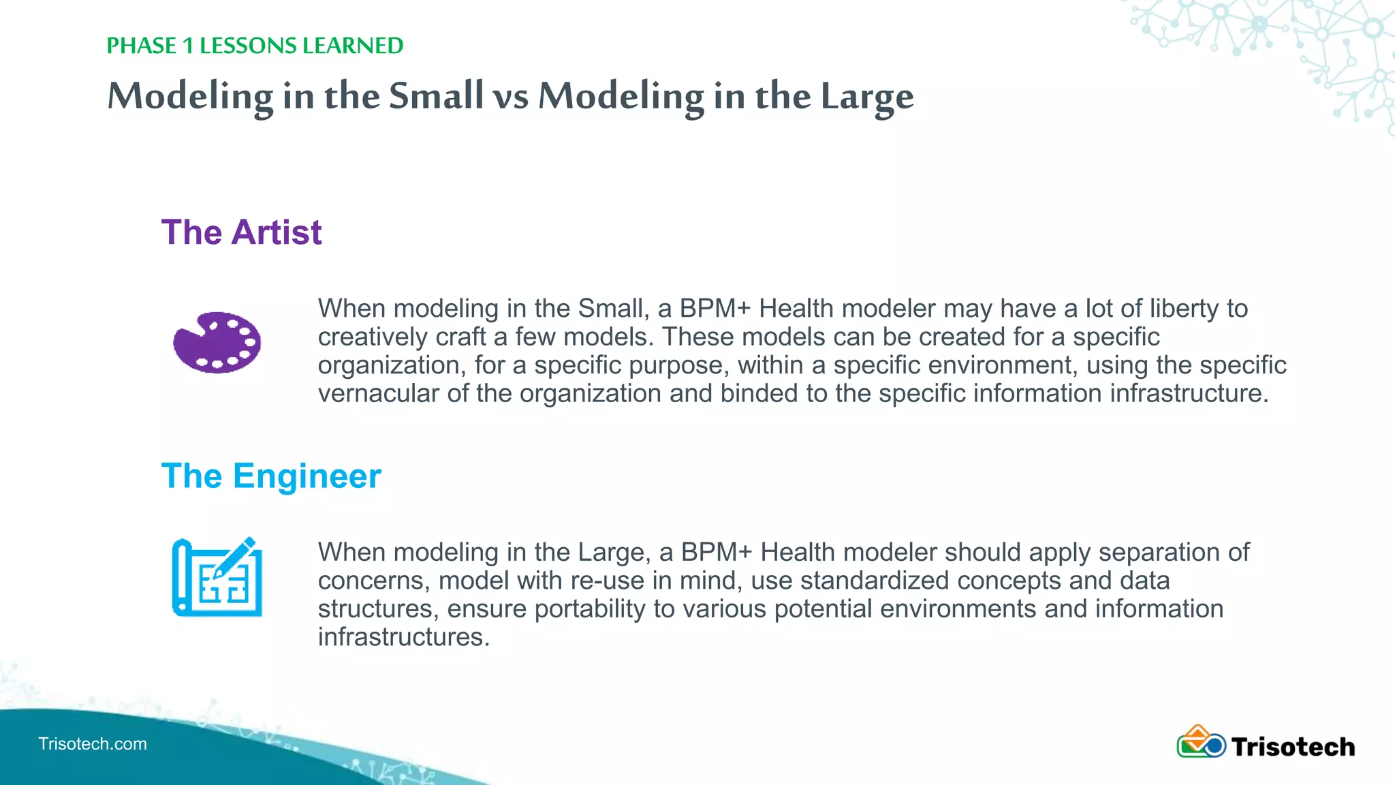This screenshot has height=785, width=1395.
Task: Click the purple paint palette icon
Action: (x=217, y=342)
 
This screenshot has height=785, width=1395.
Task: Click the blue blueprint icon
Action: (x=217, y=578)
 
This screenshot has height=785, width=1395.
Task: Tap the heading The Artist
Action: (x=241, y=232)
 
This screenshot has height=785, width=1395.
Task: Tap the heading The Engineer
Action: (x=271, y=476)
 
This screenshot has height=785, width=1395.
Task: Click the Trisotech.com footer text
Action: (x=93, y=743)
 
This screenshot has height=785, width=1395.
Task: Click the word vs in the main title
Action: (x=510, y=96)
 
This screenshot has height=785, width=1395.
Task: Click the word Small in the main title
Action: (x=436, y=96)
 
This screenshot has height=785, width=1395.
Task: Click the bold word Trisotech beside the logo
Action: (x=1293, y=747)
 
